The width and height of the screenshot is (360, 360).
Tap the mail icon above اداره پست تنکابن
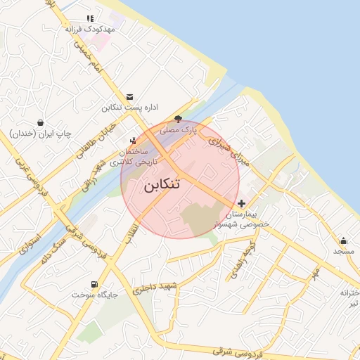click(x=129, y=97)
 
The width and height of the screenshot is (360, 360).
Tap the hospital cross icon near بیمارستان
click(x=242, y=203)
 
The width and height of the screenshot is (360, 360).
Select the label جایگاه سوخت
click(x=88, y=295)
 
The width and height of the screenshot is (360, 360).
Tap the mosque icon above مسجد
click(x=343, y=240)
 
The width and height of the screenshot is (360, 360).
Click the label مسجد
click(x=343, y=251)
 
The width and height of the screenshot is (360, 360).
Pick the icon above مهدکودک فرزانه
click(x=89, y=18)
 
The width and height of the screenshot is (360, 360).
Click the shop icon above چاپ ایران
click(x=41, y=122)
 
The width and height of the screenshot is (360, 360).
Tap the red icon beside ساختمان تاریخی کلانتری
click(x=133, y=141)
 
